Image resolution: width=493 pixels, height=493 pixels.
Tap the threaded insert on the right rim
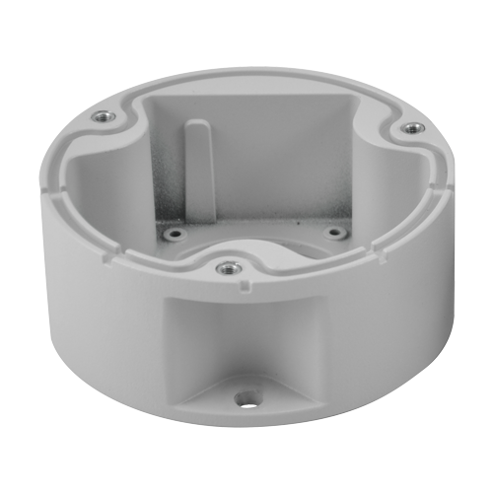pyautogui.click(x=412, y=128)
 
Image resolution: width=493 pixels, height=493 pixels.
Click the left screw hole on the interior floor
pyautogui.click(x=176, y=235)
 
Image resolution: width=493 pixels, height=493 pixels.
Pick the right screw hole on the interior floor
pyautogui.click(x=335, y=233)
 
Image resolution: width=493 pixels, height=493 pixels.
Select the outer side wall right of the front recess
pyautogui.click(x=394, y=316)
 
